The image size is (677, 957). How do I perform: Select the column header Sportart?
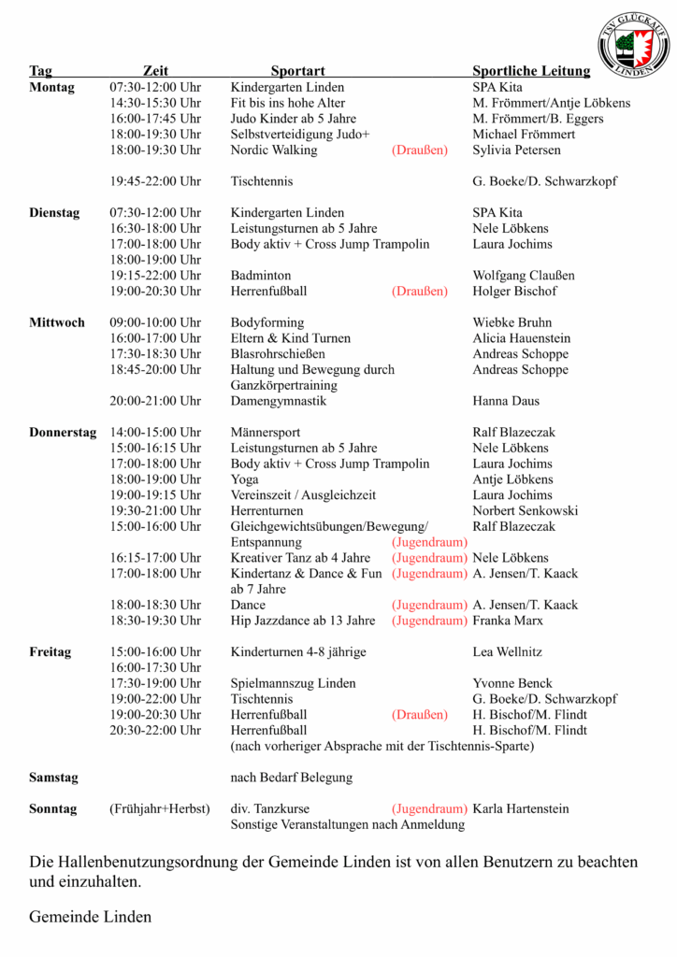(297, 71)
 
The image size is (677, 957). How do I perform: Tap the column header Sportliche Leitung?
(531, 71)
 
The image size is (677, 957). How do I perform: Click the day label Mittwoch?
(56, 322)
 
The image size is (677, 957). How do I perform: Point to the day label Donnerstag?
(63, 433)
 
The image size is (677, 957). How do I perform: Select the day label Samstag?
(53, 778)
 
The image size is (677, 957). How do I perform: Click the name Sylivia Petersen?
(517, 150)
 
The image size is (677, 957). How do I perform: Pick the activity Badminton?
(261, 276)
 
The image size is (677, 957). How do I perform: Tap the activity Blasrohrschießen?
(278, 354)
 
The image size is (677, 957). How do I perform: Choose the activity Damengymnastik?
(279, 401)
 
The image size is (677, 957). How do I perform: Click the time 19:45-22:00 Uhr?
(155, 181)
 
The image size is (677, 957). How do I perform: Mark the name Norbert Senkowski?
(526, 511)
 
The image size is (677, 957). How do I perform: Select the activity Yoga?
(245, 479)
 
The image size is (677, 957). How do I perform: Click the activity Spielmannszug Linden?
(292, 683)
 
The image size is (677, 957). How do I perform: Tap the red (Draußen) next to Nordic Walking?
(420, 150)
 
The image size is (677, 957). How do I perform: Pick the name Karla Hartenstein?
(521, 808)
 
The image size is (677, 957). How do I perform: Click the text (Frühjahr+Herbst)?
(159, 808)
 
